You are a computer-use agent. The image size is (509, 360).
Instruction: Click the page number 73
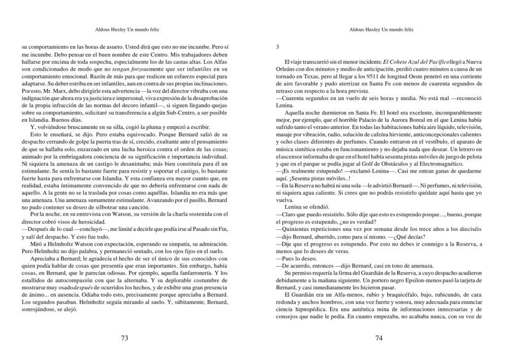pyautogui.click(x=124, y=338)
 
